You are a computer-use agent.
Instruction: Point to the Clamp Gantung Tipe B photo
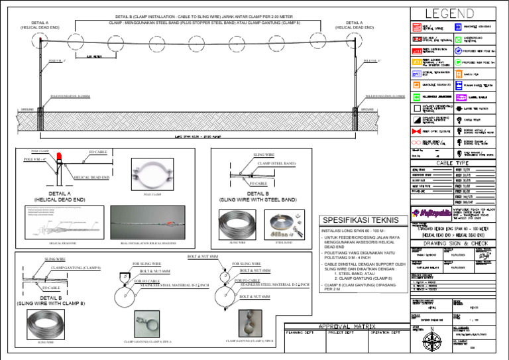tap(240, 322)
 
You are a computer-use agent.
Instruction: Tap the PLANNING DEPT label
tap(303, 332)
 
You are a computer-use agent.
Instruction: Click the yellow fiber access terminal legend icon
tap(416, 62)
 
